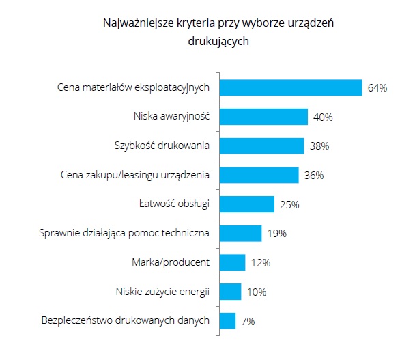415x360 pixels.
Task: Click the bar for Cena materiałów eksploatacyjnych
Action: click(290, 87)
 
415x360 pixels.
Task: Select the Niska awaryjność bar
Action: click(263, 117)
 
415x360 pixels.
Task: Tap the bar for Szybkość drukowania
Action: click(261, 146)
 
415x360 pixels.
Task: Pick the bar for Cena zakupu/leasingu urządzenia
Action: click(259, 175)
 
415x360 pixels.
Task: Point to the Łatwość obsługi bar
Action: click(246, 204)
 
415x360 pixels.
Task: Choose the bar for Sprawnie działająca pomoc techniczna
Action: click(240, 234)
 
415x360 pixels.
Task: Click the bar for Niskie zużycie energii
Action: click(230, 292)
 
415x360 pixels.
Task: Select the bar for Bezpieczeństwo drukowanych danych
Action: click(227, 321)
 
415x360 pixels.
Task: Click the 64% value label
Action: click(377, 88)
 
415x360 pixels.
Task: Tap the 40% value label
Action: click(322, 117)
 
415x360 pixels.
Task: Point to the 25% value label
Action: click(289, 205)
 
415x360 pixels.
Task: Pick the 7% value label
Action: click(247, 322)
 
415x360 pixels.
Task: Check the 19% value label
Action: click(276, 234)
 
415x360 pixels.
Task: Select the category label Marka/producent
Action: click(169, 262)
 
